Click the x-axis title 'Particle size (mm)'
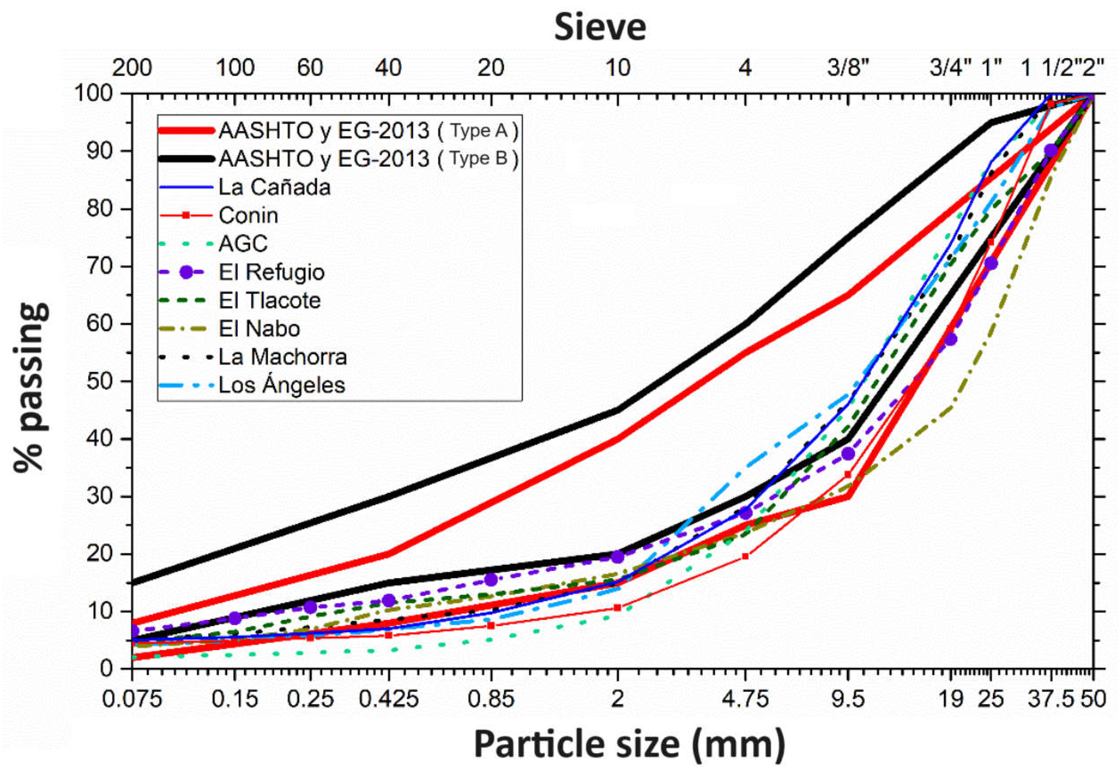tap(629, 744)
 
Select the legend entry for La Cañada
tap(274, 187)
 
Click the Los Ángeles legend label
tap(282, 385)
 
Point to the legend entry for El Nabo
tap(259, 329)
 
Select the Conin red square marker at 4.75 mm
tap(745, 556)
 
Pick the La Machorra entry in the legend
tap(282, 357)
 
